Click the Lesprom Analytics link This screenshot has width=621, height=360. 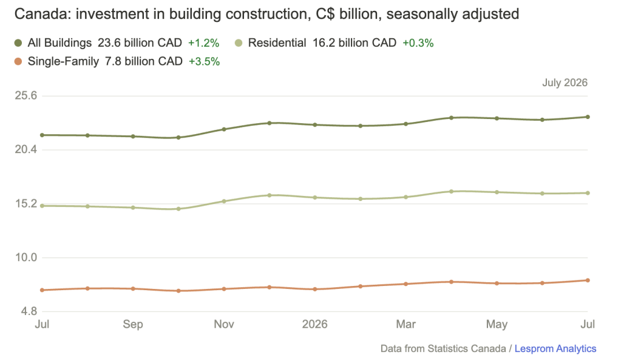(555, 348)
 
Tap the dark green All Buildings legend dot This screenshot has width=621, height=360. (18, 42)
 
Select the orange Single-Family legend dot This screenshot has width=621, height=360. (18, 61)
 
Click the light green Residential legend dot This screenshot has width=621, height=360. (239, 42)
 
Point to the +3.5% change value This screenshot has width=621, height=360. (204, 61)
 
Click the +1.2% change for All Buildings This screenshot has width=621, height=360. (203, 42)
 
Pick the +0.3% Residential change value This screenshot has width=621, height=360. (418, 42)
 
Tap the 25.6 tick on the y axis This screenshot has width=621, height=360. (25, 95)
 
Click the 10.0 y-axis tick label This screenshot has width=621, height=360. (25, 257)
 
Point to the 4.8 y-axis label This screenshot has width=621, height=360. (29, 311)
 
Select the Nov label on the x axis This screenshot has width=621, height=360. (224, 324)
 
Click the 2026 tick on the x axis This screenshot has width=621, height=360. (315, 324)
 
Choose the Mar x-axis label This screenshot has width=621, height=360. (406, 324)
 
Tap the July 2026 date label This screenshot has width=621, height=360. (565, 83)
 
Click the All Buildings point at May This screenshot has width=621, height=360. (497, 118)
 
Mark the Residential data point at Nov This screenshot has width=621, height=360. (224, 201)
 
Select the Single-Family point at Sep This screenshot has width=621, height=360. (133, 289)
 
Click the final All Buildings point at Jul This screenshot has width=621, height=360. (588, 117)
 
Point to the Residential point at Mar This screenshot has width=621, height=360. (406, 197)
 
